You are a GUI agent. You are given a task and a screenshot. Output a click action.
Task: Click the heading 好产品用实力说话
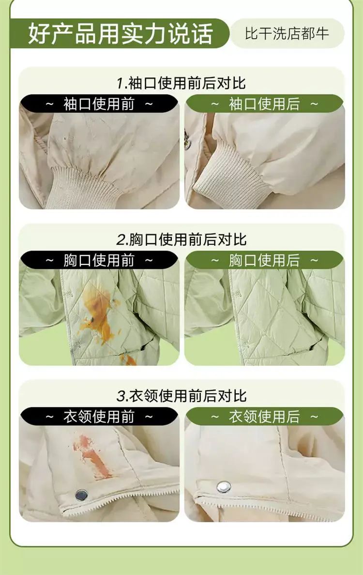pos(120,34)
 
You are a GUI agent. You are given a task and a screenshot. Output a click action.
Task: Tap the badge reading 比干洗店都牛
pos(287,33)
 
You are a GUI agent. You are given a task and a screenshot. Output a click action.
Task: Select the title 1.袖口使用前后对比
pos(181,83)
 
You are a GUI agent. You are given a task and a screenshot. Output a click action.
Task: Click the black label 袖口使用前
pos(99,104)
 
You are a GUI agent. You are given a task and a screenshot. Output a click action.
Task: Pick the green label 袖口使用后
pos(264,104)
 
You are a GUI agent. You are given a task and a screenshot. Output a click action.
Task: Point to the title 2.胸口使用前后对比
pos(181,239)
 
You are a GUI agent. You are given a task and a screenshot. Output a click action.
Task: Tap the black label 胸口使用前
pos(99,260)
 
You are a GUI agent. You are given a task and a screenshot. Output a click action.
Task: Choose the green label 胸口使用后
pos(264,260)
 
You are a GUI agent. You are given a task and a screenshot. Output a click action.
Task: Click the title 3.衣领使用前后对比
pos(181,396)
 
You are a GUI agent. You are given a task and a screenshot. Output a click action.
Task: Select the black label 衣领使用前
pos(99,417)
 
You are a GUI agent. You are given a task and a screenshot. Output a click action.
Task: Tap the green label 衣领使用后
pos(264,417)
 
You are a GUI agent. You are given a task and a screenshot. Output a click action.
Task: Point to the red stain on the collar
pos(91,456)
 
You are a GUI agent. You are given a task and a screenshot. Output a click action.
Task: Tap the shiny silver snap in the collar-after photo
pos(224,487)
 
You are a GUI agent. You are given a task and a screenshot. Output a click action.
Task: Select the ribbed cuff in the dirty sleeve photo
pos(82,187)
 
